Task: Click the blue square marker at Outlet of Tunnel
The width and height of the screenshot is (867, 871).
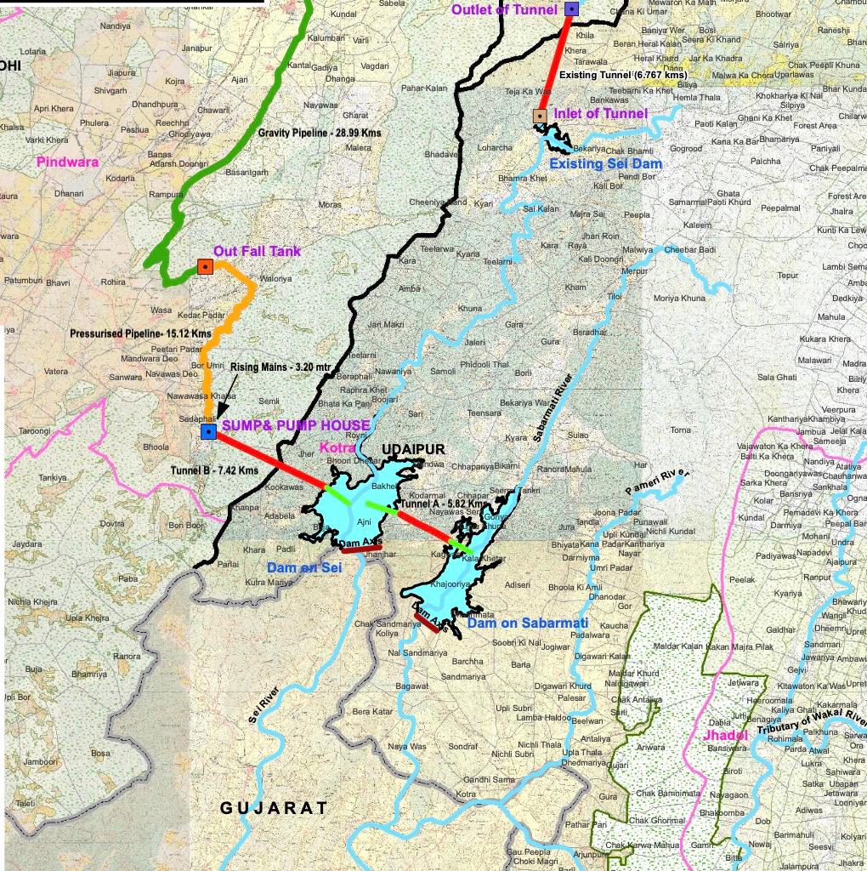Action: (x=571, y=9)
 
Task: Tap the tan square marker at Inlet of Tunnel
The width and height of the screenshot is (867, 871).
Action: (x=539, y=116)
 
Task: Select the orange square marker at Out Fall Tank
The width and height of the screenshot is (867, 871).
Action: (x=204, y=266)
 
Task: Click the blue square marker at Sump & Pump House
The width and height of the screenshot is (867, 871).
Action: (x=208, y=432)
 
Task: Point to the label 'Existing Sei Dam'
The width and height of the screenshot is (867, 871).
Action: (x=605, y=163)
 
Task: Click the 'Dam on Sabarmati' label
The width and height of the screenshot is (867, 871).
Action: (x=528, y=623)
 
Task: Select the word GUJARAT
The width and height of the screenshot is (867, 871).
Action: (x=274, y=808)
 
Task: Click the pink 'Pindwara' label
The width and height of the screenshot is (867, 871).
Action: (x=68, y=162)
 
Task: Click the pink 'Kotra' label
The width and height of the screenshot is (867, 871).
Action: (x=337, y=447)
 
